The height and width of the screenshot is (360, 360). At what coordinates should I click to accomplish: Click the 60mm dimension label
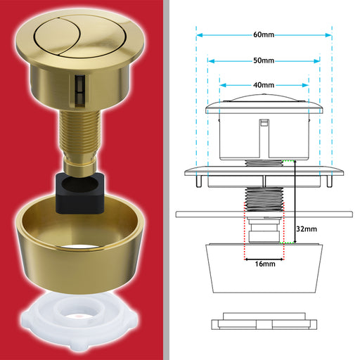click(264, 34)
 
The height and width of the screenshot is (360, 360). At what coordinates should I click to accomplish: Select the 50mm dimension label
click(264, 60)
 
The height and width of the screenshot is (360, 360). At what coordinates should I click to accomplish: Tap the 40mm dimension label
click(264, 85)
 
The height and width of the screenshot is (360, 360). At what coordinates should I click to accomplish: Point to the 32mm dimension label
click(307, 229)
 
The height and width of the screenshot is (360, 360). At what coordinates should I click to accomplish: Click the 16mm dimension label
click(265, 264)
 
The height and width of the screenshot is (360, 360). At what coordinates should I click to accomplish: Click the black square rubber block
click(79, 193)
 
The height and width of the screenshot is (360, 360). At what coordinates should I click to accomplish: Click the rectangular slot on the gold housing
click(79, 91)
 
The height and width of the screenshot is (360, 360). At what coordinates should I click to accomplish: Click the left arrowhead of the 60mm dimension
click(200, 35)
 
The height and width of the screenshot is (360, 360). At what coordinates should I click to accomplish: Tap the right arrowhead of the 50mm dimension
click(317, 61)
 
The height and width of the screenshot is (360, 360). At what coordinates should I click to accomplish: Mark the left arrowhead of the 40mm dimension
click(223, 85)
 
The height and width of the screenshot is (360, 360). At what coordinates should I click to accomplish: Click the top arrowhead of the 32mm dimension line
click(295, 162)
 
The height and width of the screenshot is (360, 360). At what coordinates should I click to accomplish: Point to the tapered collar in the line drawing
click(264, 269)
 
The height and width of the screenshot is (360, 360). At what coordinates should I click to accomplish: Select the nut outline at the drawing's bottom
click(264, 321)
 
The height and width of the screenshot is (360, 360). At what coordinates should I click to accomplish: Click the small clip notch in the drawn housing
click(264, 123)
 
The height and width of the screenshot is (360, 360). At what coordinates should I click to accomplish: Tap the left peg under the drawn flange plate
click(199, 181)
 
